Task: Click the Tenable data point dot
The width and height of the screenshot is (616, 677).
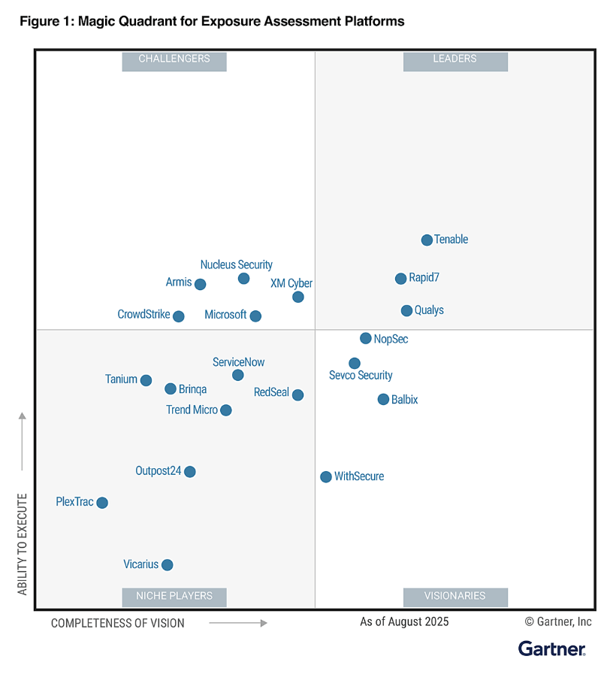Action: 427,240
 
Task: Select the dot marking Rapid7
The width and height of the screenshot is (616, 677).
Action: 400,279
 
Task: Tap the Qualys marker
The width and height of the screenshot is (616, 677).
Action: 406,310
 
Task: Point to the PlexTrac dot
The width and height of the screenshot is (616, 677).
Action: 102,503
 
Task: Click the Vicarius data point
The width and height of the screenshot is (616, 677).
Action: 168,565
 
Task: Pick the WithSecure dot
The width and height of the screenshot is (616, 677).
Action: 326,477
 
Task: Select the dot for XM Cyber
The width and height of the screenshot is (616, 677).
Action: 298,297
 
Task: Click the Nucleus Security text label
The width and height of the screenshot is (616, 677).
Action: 236,264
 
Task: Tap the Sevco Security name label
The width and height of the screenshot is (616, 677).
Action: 361,376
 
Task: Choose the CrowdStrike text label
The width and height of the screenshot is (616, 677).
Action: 143,315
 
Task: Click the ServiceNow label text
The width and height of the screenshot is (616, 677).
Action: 238,362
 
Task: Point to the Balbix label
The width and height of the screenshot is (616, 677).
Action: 404,400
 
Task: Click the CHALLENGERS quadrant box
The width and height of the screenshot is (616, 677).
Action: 174,59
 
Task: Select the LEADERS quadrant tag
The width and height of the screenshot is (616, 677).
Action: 455,59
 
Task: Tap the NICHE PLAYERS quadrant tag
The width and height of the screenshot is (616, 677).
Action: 174,596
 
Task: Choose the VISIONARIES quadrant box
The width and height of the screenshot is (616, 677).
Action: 455,596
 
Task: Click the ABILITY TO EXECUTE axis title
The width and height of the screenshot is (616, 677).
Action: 23,544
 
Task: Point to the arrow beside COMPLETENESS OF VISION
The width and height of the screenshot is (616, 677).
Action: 238,623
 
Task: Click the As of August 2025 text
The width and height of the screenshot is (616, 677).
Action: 404,621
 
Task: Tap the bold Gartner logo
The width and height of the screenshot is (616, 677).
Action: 551,648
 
